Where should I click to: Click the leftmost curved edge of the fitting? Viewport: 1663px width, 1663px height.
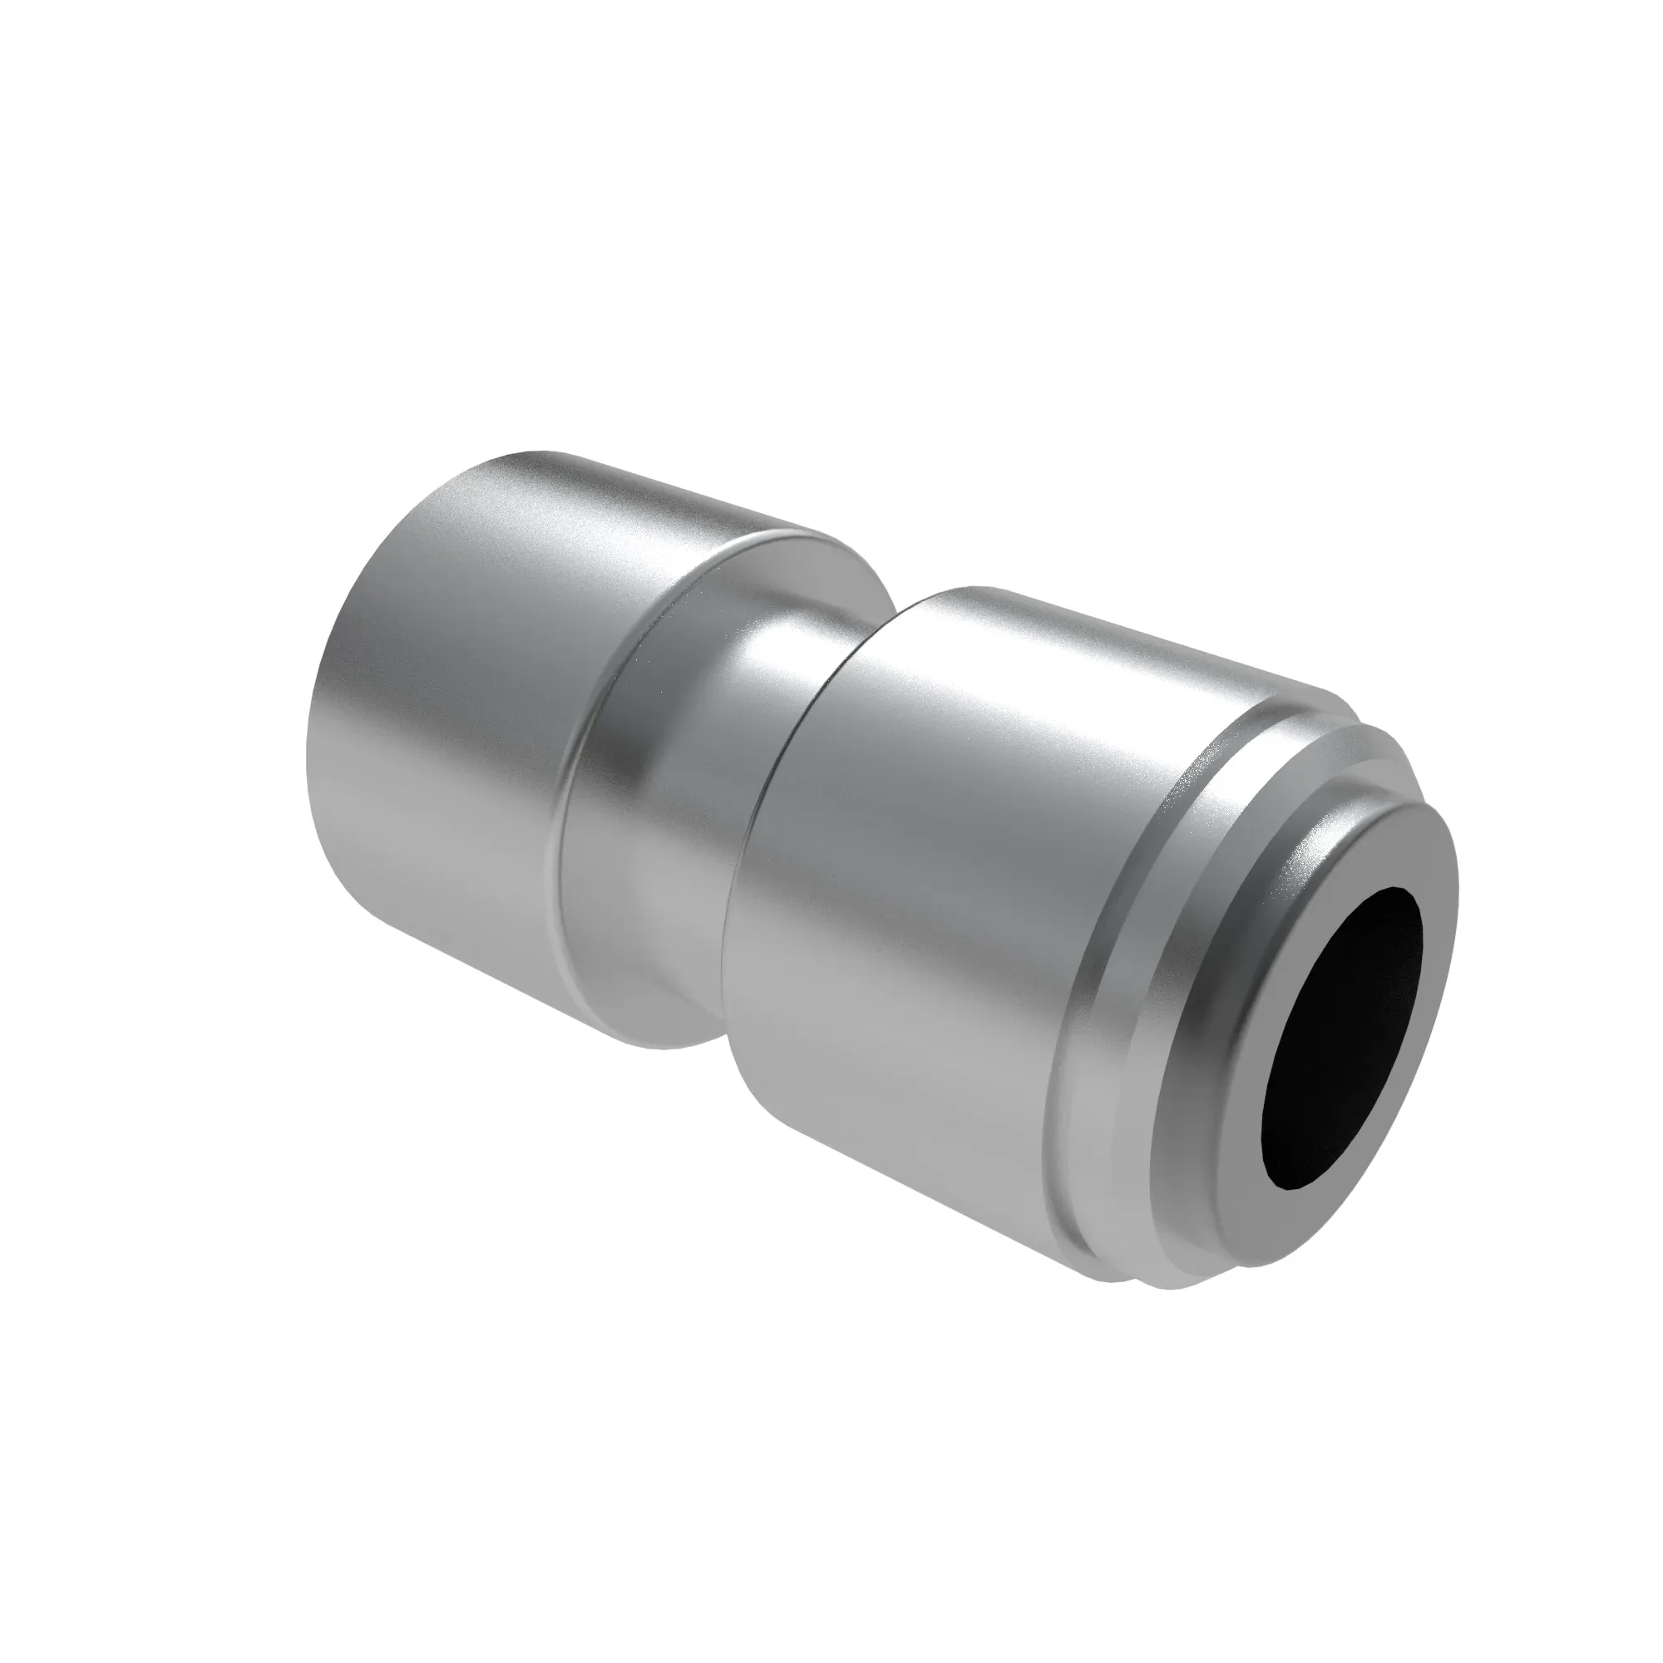click(308, 757)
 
